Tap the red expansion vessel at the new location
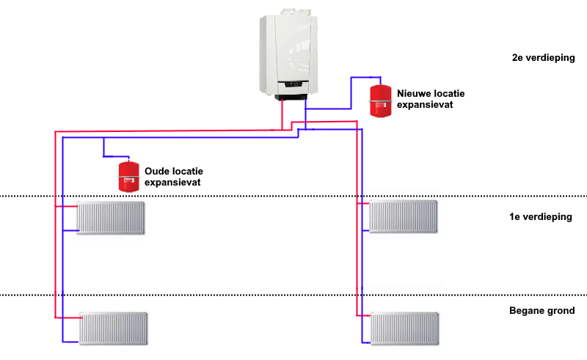[380, 100]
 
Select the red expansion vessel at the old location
[128, 176]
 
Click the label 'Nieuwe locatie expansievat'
[430, 99]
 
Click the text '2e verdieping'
[543, 58]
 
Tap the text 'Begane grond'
[542, 311]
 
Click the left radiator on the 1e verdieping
[112, 218]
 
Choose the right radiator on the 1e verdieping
[403, 216]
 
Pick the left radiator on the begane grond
[114, 328]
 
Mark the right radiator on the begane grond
[404, 327]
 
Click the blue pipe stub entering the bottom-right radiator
[367, 341]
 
